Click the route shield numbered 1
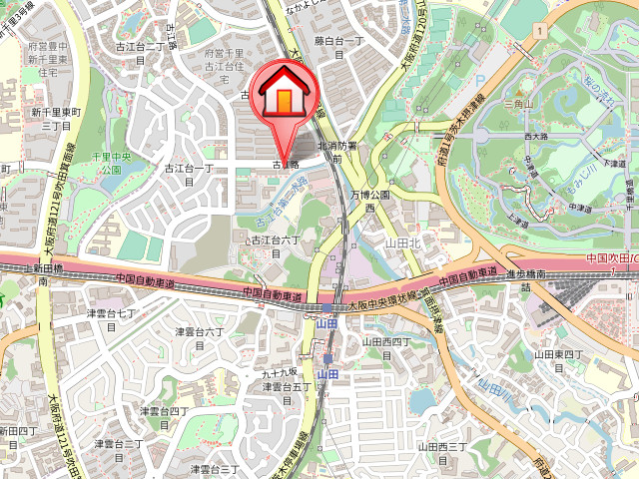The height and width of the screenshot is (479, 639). point(538,32)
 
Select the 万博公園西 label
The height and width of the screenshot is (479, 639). point(367,201)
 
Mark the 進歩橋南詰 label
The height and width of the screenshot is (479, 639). point(524,280)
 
